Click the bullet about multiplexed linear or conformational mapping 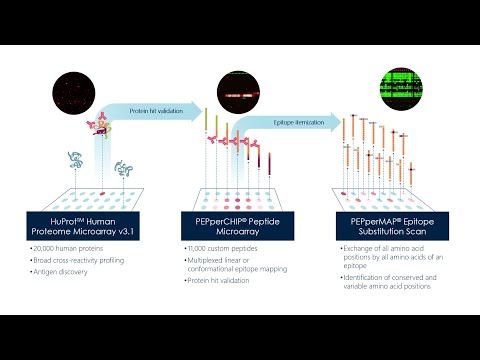coord(236,263)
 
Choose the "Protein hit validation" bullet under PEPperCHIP coord(219,281)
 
